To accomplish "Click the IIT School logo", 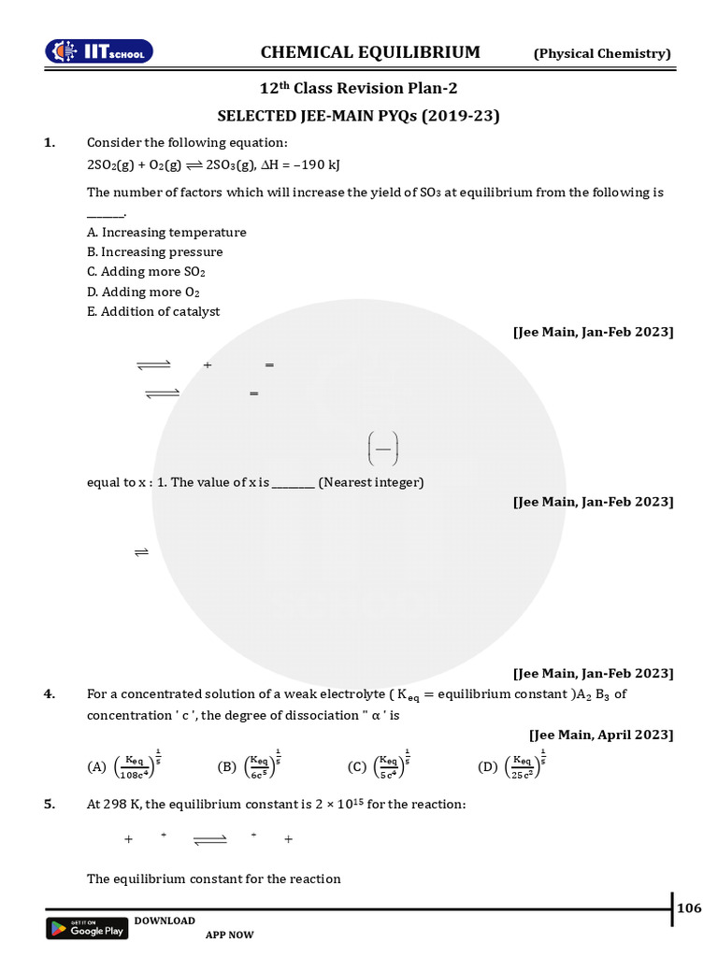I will point(100,52).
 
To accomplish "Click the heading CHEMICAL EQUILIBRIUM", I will point(370,52).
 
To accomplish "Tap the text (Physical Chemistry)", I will point(602,53).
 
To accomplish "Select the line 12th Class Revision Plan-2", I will point(358,89).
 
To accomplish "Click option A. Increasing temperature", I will point(166,232).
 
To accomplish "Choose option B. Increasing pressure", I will point(155,251).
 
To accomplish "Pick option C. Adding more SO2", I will point(146,272).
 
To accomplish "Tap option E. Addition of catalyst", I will point(153,311).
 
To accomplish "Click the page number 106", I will point(689,908).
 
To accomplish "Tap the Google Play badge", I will point(87,928).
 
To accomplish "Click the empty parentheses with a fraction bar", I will point(383,448).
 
